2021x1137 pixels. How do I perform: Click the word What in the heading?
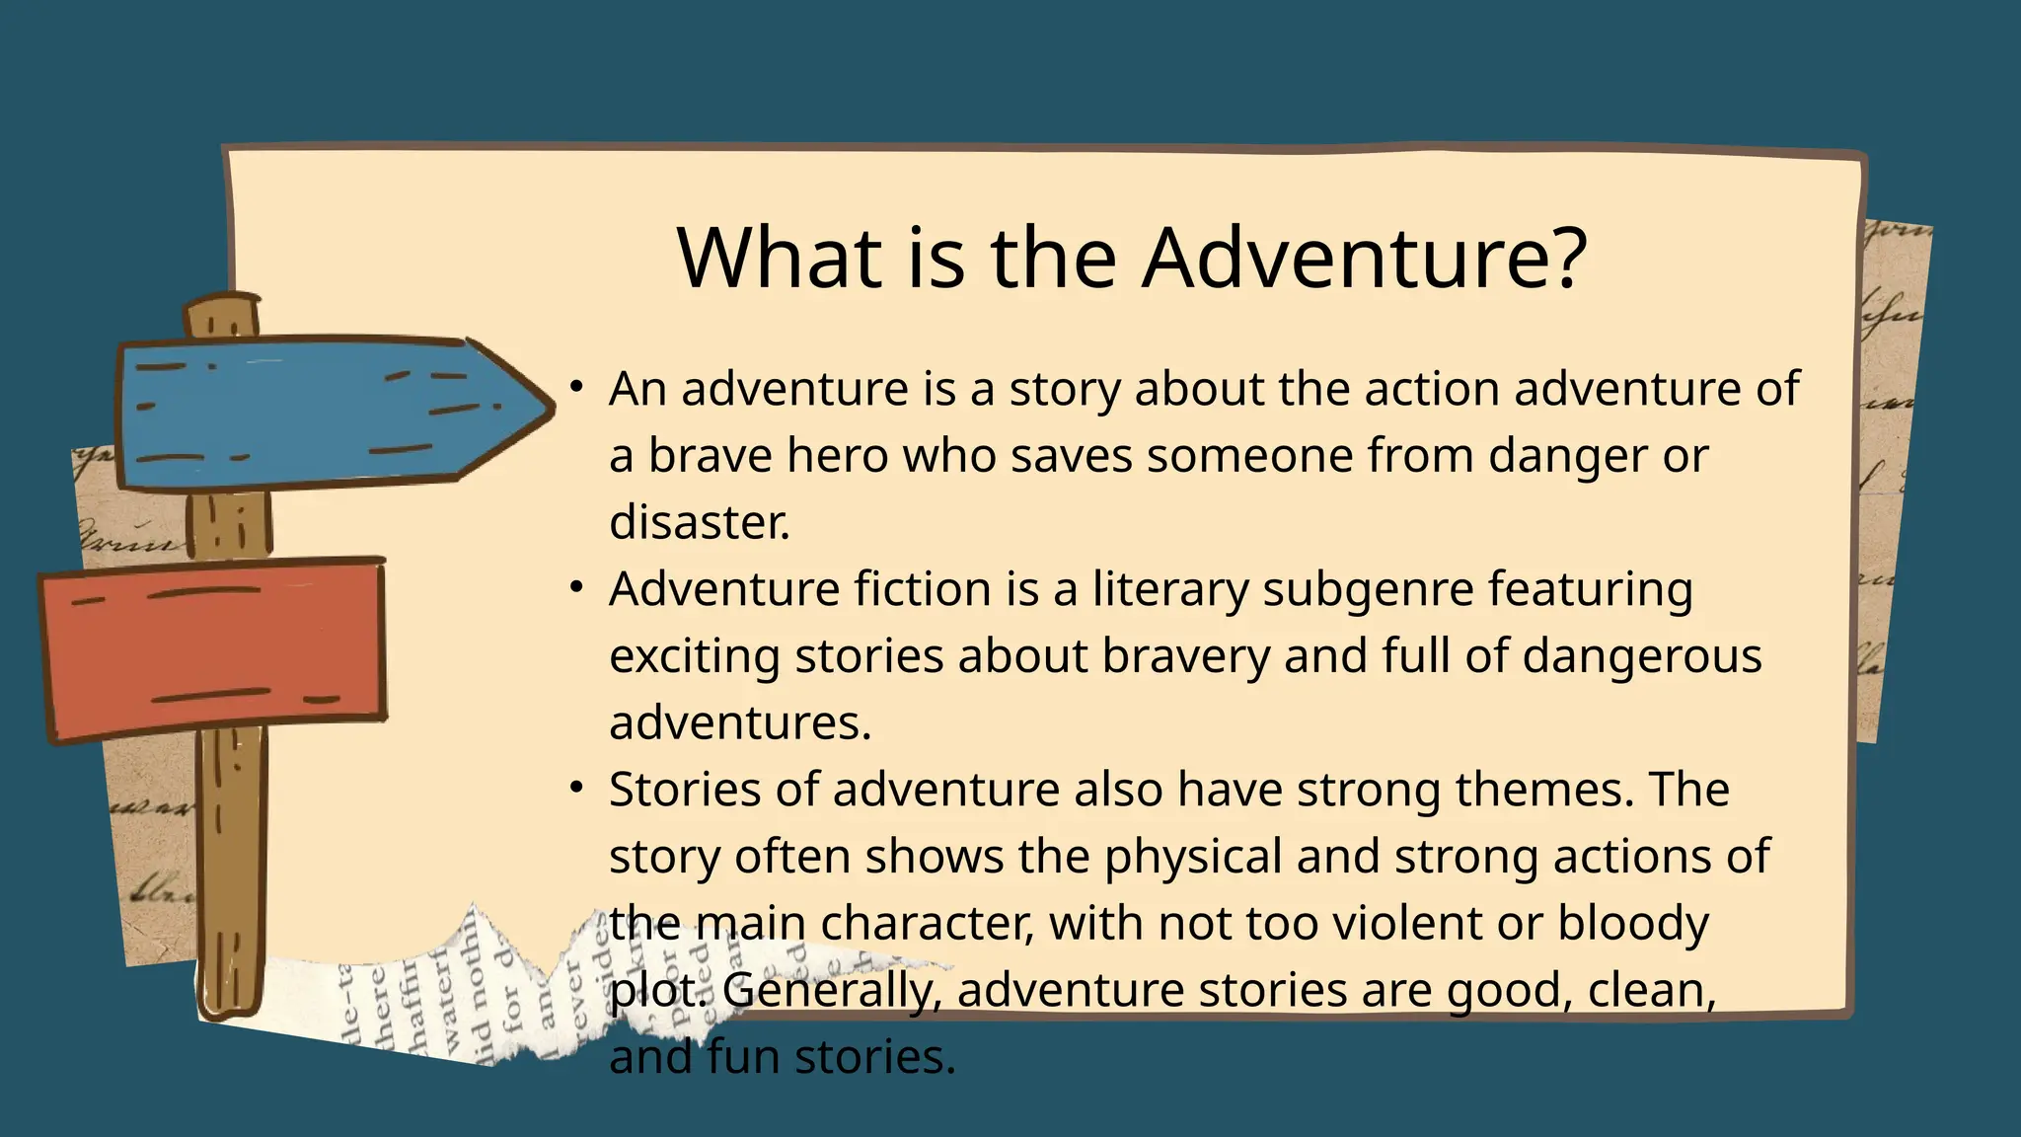pyautogui.click(x=779, y=259)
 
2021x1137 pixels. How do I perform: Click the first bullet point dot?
pyautogui.click(x=577, y=387)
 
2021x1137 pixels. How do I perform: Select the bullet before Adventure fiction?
pyautogui.click(x=577, y=587)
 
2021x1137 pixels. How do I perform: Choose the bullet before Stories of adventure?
pyautogui.click(x=577, y=788)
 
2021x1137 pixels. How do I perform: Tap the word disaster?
pyautogui.click(x=699, y=523)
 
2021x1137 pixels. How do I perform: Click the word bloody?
pyautogui.click(x=1633, y=925)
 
